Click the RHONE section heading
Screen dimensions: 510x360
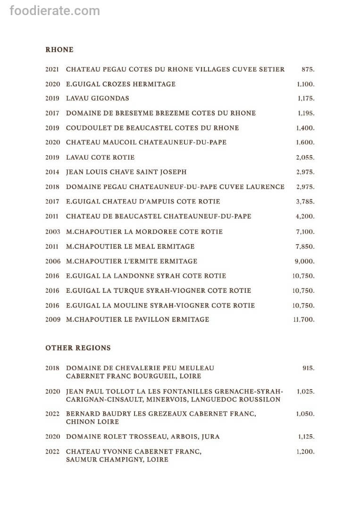(59, 50)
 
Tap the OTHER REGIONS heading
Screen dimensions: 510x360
(78, 348)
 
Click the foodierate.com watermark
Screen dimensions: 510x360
(55, 10)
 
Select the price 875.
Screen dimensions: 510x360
(308, 69)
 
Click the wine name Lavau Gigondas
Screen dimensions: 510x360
(97, 99)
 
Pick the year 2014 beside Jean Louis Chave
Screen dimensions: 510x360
(52, 172)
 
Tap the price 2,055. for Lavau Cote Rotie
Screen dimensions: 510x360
(305, 158)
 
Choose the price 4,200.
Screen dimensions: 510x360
(305, 216)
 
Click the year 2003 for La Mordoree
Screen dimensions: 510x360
(52, 232)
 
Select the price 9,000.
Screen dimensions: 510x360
(305, 261)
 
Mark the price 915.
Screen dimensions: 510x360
(309, 368)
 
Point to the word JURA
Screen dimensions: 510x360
(210, 437)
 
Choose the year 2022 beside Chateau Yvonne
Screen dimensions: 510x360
(52, 452)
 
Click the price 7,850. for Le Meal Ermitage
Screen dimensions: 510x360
(305, 246)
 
